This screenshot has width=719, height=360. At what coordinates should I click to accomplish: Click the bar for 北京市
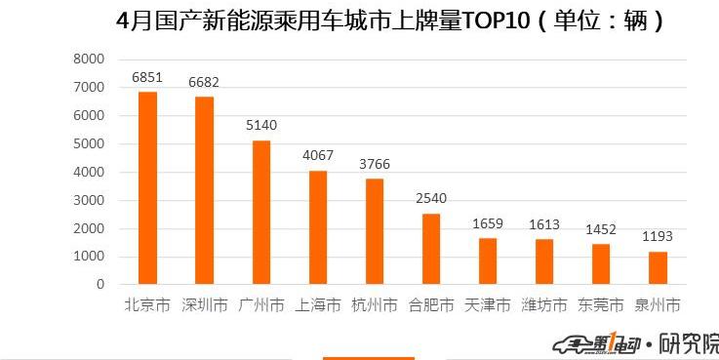[147, 188]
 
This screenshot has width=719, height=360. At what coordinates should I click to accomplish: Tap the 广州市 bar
[260, 213]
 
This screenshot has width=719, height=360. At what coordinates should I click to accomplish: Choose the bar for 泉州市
[658, 268]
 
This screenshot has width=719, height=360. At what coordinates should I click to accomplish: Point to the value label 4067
[317, 155]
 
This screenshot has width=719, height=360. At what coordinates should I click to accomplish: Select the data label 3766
[374, 164]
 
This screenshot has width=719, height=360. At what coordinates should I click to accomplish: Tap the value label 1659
[488, 223]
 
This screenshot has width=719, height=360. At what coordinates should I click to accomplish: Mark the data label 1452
[601, 229]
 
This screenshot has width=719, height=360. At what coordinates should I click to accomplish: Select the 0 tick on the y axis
[100, 285]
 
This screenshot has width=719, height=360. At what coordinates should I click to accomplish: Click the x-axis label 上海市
[318, 305]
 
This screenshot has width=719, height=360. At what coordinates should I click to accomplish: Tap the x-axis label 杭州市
[375, 305]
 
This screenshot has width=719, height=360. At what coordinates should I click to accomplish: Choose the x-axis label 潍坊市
[544, 305]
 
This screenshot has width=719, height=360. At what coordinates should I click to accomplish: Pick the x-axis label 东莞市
[601, 305]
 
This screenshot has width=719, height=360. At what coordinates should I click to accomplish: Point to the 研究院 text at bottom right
[690, 343]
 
